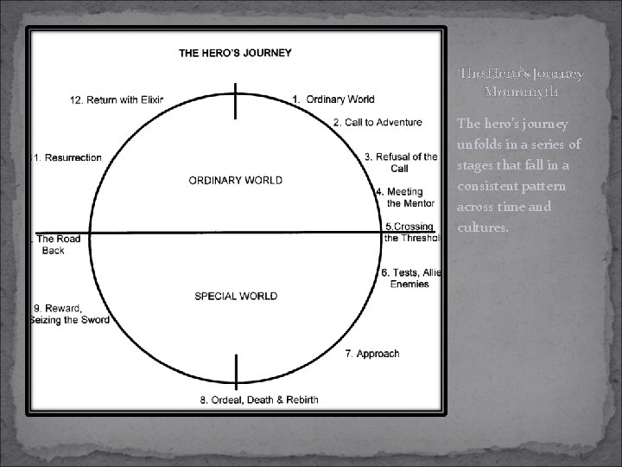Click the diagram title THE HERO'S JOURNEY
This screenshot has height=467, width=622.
235,53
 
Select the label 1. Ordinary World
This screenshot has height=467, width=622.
333,99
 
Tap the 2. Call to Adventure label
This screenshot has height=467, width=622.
378,123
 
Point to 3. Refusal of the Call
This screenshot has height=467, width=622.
401,162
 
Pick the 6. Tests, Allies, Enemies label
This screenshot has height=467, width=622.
410,278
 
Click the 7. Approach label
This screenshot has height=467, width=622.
372,354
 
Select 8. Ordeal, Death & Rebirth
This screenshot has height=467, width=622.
259,400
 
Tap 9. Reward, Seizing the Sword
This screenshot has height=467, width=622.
70,314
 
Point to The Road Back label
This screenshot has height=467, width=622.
57,245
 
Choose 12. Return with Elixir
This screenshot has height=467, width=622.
117,99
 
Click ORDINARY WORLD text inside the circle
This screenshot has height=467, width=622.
235,181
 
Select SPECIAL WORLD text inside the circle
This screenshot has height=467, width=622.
236,296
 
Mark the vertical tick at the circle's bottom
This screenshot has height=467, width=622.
236,370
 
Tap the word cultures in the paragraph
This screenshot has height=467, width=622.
482,228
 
